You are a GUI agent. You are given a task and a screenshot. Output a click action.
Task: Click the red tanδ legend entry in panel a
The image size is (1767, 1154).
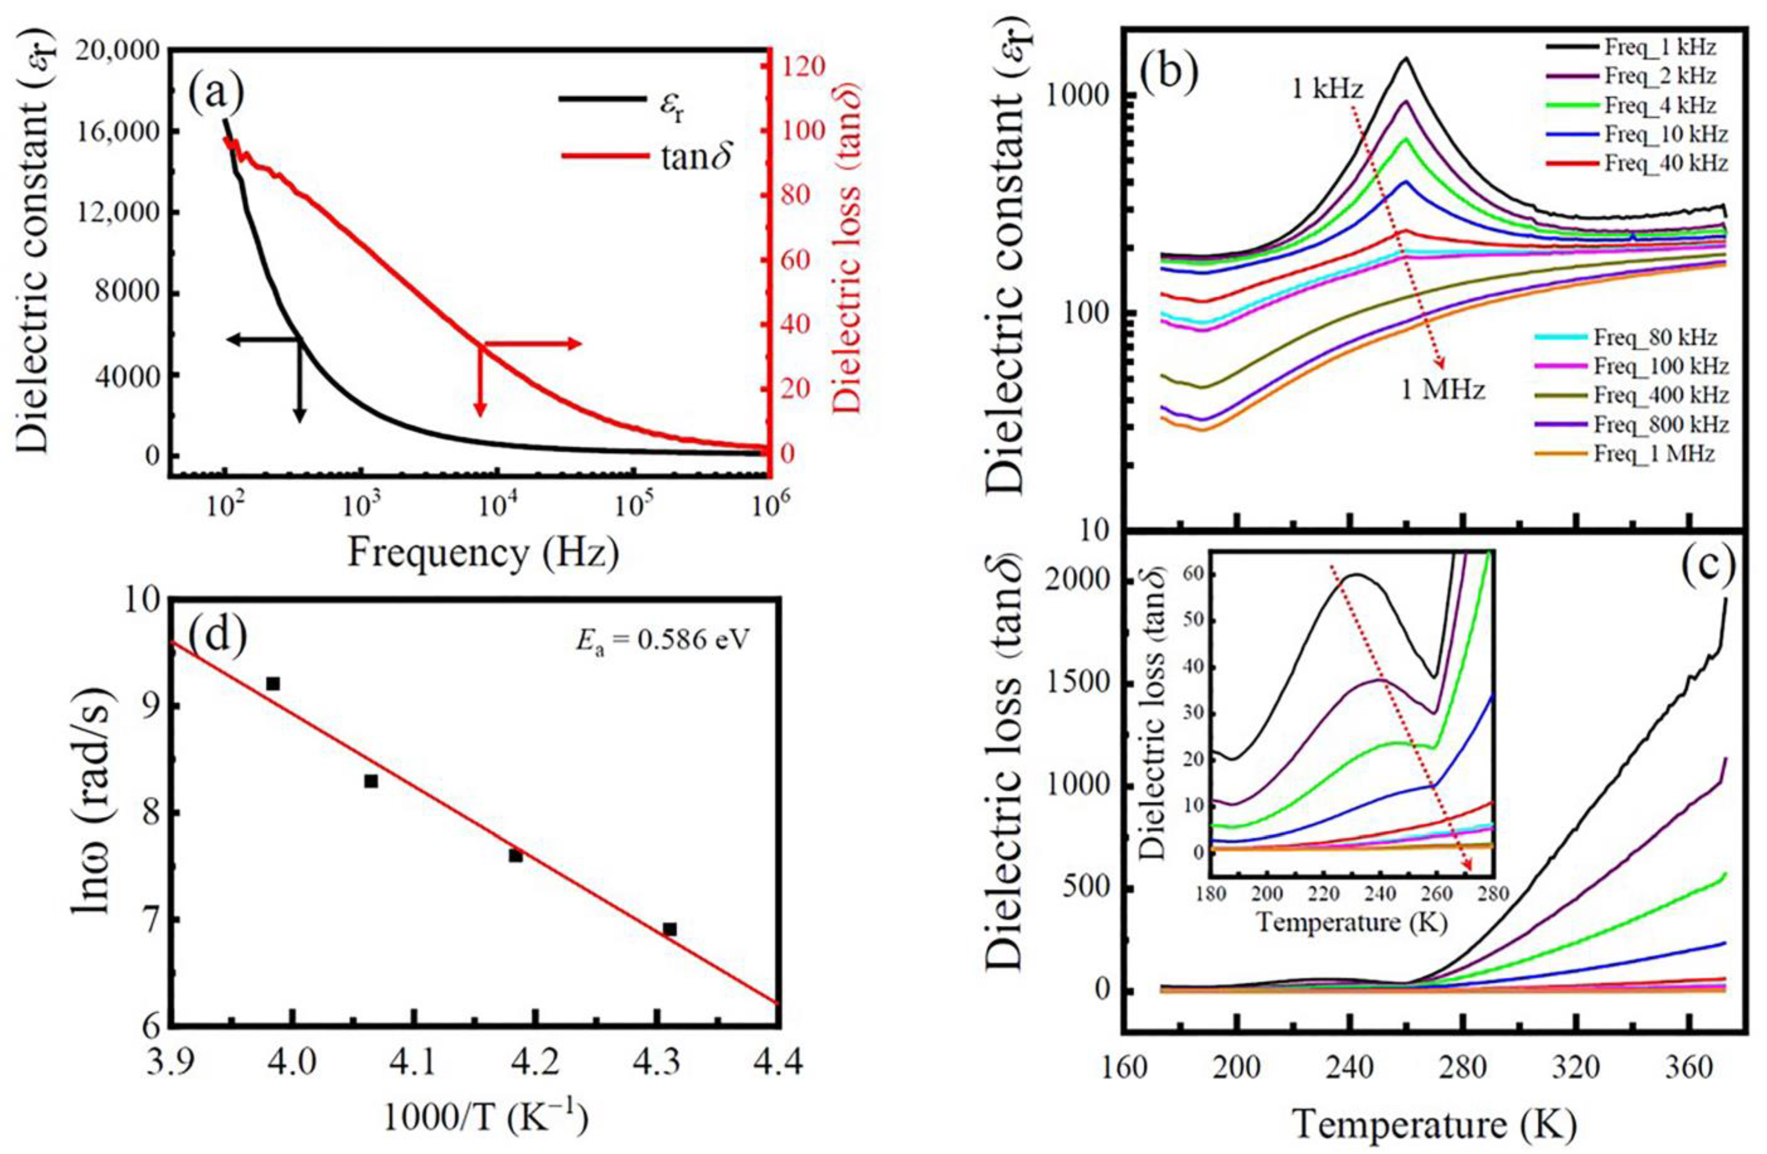[x=646, y=157]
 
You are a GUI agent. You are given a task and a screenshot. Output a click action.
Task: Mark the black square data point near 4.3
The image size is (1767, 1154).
[x=670, y=929]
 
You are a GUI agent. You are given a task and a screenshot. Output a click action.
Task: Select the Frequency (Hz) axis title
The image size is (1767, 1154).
[x=483, y=553]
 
